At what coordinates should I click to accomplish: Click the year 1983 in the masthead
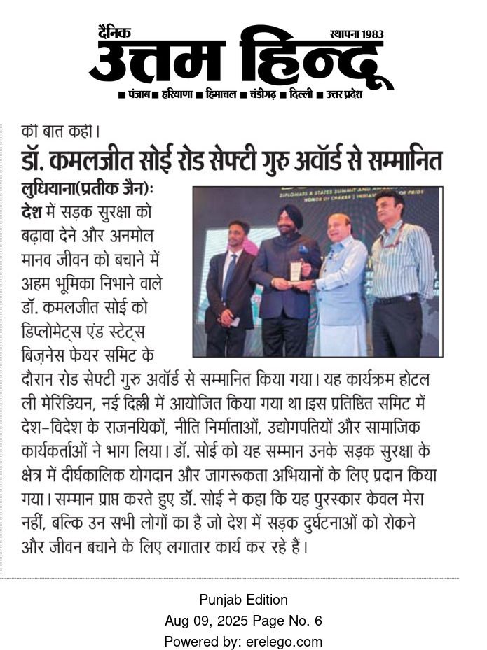point(369,34)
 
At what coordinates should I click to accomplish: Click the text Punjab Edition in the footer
point(243,600)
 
